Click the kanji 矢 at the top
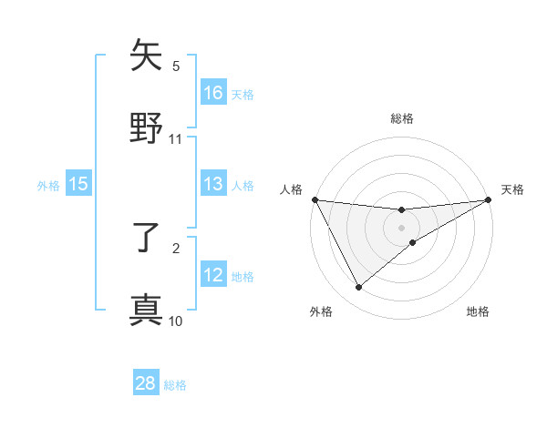pyautogui.click(x=146, y=56)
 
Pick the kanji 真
pyautogui.click(x=146, y=310)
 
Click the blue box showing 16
pyautogui.click(x=213, y=92)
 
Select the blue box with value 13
pyautogui.click(x=213, y=184)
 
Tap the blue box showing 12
pyautogui.click(x=213, y=275)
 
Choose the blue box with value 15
pyautogui.click(x=78, y=184)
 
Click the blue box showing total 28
pyautogui.click(x=146, y=383)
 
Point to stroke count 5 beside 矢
pyautogui.click(x=176, y=66)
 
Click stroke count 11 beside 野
pyautogui.click(x=176, y=139)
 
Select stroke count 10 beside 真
pyautogui.click(x=176, y=321)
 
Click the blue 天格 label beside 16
pyautogui.click(x=243, y=94)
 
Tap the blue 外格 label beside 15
pyautogui.click(x=48, y=186)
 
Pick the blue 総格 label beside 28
pyautogui.click(x=175, y=385)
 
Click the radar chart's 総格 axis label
pyautogui.click(x=402, y=118)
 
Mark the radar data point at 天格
pyautogui.click(x=489, y=200)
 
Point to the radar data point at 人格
pyautogui.click(x=315, y=199)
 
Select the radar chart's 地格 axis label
pyautogui.click(x=478, y=312)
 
